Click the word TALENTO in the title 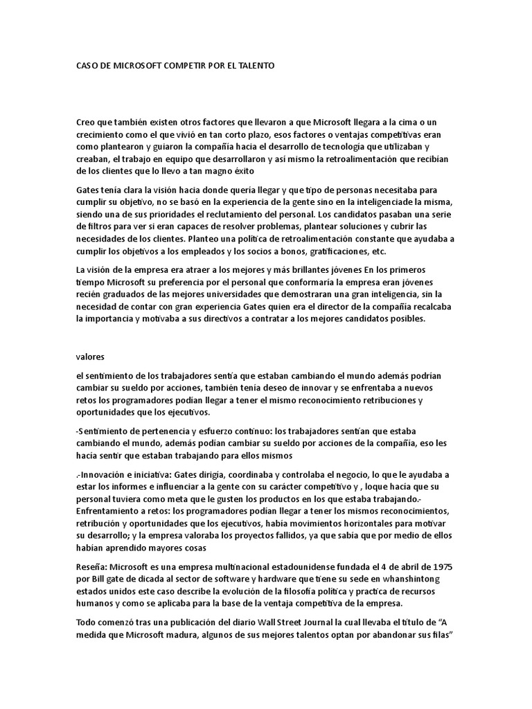tap(256, 66)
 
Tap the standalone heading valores tap(90, 357)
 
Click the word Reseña tap(91, 566)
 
